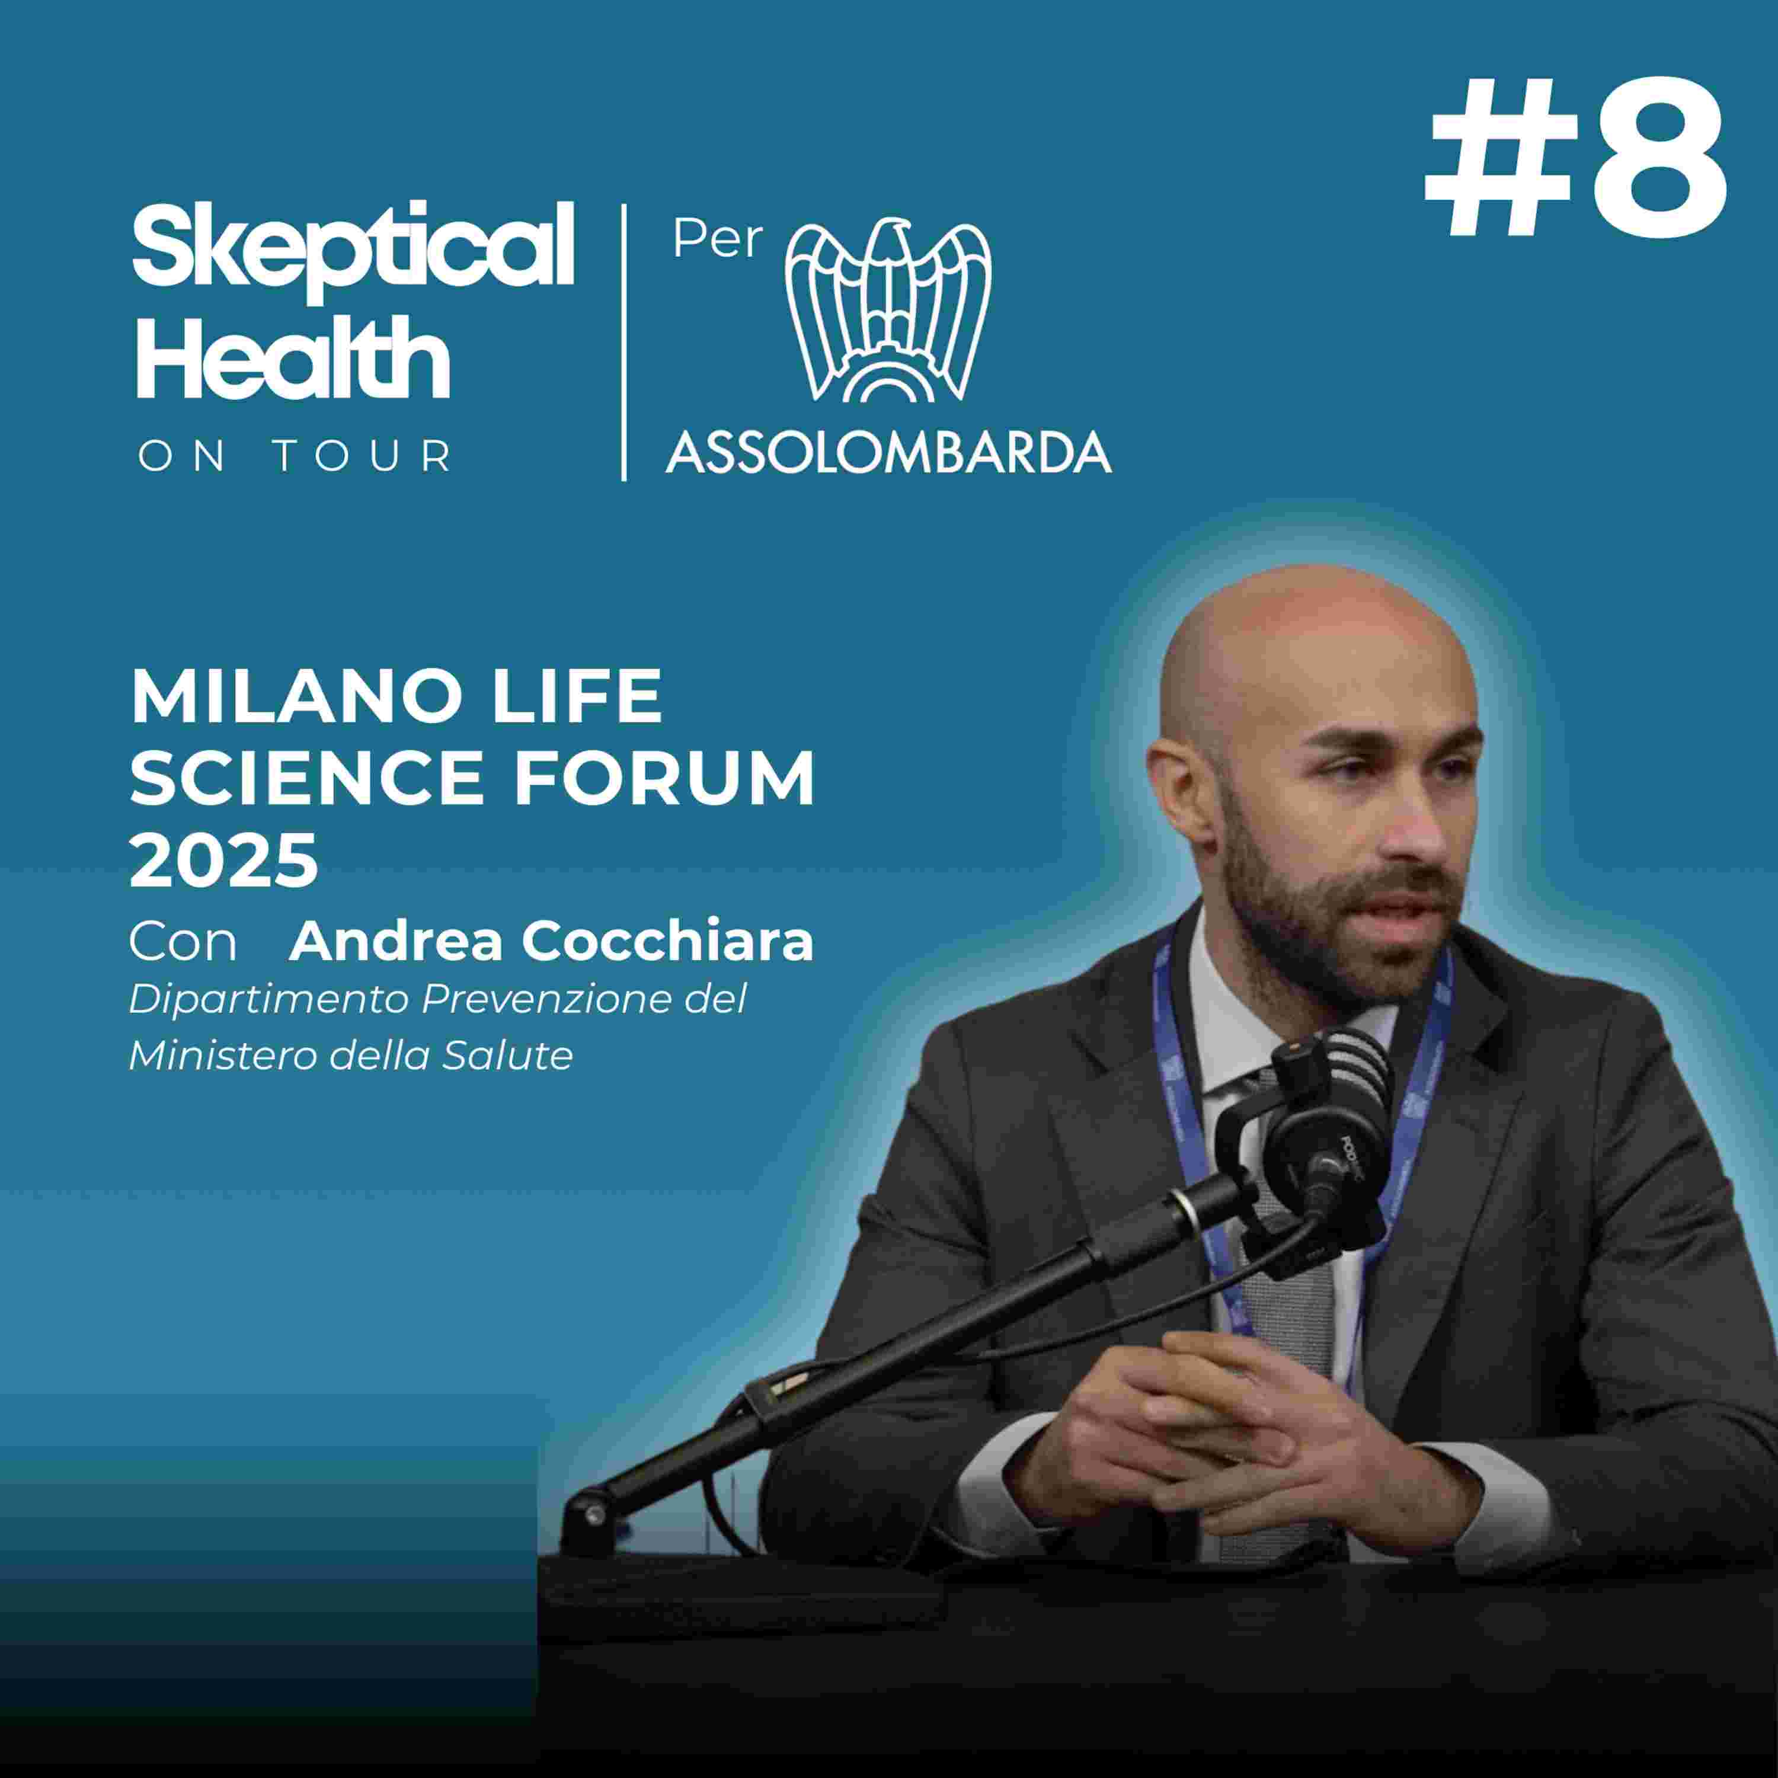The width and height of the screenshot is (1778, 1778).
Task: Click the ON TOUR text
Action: [x=295, y=456]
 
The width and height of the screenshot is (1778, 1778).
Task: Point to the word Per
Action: [x=718, y=239]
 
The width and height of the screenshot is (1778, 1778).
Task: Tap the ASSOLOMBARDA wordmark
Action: [x=888, y=451]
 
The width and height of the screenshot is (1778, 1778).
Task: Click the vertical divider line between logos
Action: [x=624, y=343]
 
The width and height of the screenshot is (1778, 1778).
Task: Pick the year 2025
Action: [x=223, y=859]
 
